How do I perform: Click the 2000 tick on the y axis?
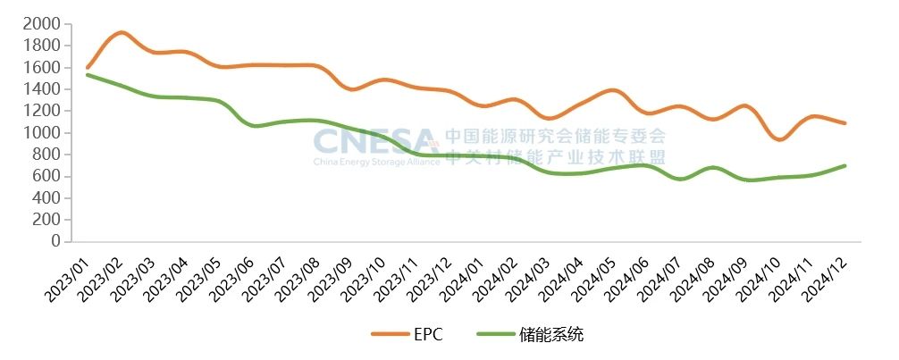[x=42, y=24]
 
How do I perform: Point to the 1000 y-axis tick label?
[x=42, y=133]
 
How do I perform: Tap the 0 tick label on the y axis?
[x=55, y=241]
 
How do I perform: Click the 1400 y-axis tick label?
[x=42, y=89]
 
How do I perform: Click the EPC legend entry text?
[x=428, y=335]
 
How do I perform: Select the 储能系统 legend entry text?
[x=551, y=335]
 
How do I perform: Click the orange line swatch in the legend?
[x=389, y=335]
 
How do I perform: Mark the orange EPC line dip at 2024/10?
[x=779, y=139]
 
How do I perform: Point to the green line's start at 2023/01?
[x=87, y=74]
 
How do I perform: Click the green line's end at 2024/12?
[x=844, y=165]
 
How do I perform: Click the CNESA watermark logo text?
[x=375, y=141]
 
